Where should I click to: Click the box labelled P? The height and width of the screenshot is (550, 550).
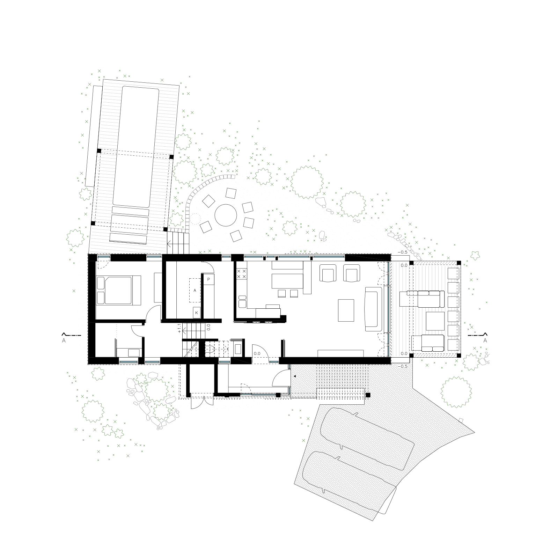[208, 279]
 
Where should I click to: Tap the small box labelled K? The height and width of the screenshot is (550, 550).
[197, 313]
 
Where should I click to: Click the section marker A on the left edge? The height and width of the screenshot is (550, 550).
[64, 341]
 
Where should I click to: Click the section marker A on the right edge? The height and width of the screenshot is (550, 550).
[485, 341]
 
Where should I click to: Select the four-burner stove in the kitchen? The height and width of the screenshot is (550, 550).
[242, 273]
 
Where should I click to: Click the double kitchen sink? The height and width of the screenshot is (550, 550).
[242, 301]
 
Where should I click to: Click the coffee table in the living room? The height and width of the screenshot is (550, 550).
[346, 310]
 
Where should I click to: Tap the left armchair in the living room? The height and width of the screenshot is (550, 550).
[328, 273]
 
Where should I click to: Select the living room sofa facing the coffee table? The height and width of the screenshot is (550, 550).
[373, 309]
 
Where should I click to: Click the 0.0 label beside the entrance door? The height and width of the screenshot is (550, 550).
[257, 354]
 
